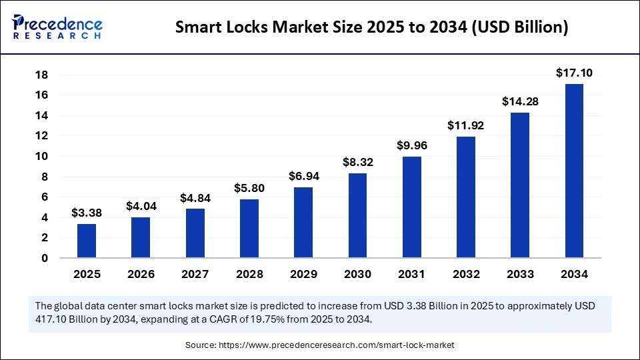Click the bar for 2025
pyautogui.click(x=87, y=241)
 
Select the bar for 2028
pyautogui.click(x=249, y=229)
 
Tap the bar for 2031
pyautogui.click(x=412, y=207)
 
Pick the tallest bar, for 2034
pyautogui.click(x=575, y=171)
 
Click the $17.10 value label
pyautogui.click(x=575, y=73)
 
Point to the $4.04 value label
pyautogui.click(x=141, y=207)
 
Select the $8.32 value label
pyautogui.click(x=357, y=162)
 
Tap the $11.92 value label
pyautogui.click(x=466, y=125)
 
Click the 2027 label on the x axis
pyautogui.click(x=195, y=274)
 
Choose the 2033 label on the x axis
pyautogui.click(x=520, y=274)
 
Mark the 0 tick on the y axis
pyautogui.click(x=45, y=258)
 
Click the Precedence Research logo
pyautogui.click(x=57, y=27)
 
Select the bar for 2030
pyautogui.click(x=357, y=215)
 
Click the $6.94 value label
pyautogui.click(x=303, y=177)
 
